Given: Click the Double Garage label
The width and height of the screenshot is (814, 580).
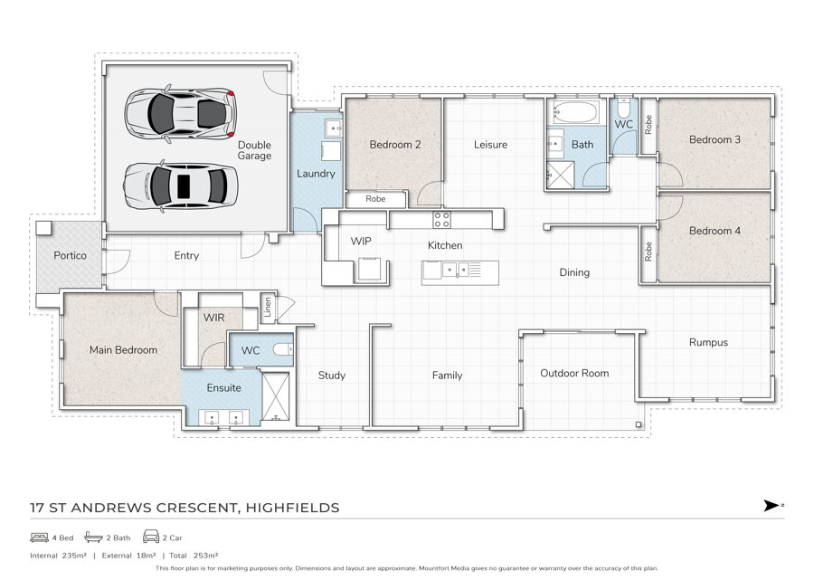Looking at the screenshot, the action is click(x=254, y=150).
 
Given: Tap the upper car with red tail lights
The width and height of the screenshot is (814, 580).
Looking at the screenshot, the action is click(x=181, y=114).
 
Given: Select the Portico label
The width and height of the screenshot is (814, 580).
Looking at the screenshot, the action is click(x=70, y=255).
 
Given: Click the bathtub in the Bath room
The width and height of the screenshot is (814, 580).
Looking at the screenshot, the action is click(x=576, y=111).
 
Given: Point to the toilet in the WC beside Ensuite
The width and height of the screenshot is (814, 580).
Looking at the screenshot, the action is click(x=283, y=349).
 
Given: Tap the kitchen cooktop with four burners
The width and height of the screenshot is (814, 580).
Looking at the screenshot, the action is click(x=441, y=220).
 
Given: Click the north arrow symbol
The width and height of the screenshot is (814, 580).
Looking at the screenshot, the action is click(x=772, y=505).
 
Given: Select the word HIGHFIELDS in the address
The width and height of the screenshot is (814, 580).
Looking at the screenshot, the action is click(x=292, y=508).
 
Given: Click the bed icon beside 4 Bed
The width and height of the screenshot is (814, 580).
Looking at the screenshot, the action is click(x=40, y=537).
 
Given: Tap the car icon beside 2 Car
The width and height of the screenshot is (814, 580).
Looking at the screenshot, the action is click(x=150, y=537).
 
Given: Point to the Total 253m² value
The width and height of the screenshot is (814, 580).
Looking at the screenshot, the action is click(x=194, y=556).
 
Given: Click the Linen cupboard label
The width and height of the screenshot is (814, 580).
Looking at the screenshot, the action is click(x=268, y=308).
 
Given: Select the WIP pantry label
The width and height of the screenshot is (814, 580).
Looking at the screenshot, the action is click(x=361, y=241).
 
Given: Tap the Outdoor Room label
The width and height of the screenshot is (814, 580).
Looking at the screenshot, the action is click(x=574, y=374).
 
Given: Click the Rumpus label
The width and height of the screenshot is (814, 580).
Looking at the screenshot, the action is click(x=708, y=343).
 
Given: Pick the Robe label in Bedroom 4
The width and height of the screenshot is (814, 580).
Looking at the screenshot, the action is click(x=648, y=252).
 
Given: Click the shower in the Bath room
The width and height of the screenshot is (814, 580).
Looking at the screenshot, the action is click(x=561, y=175).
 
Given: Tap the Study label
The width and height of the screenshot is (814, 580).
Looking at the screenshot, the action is click(x=332, y=376).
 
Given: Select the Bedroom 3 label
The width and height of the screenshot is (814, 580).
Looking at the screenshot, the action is click(x=715, y=139).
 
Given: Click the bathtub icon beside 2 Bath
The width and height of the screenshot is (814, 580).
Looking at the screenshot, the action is click(x=93, y=537).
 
